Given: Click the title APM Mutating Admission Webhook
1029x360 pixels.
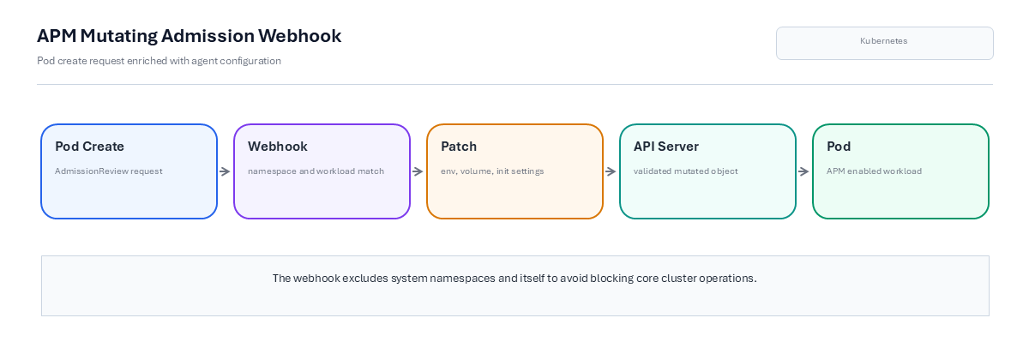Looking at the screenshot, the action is pos(190,36).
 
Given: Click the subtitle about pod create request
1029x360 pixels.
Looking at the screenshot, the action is pos(159,61).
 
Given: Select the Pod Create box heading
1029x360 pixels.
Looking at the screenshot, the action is pos(89,146).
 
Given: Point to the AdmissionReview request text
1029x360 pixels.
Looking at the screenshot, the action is pos(109,171).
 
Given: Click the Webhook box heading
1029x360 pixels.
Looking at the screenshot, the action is pos(278,146).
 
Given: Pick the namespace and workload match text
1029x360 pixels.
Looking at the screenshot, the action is pos(316,171).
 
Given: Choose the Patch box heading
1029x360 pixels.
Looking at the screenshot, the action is pos(459,146).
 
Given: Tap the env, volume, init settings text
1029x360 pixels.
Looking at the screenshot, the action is pos(492,171).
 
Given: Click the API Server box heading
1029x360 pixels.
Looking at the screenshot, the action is pos(666,146).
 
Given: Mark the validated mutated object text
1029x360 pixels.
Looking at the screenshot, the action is pos(686,171).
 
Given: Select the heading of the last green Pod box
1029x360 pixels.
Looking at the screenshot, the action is pos(839,146).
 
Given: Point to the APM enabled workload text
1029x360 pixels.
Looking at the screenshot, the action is pos(874,171).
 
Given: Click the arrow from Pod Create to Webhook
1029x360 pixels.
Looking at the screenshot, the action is pos(225,171).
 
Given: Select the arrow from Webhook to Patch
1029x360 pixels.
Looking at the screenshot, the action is pos(418,171).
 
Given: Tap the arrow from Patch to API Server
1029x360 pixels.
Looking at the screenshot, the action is pos(611,171).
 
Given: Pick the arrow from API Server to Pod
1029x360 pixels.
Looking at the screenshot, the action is pos(803,171).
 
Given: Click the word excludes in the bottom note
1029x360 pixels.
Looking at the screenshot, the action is pos(365,279).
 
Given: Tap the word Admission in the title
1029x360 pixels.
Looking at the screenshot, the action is pos(208,36).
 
